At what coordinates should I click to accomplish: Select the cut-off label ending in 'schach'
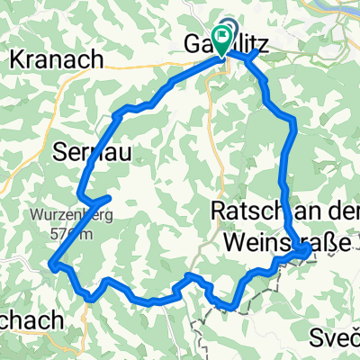point(31,320)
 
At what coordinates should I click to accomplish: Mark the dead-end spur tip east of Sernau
point(109,196)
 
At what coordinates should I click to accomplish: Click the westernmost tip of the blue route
point(51,265)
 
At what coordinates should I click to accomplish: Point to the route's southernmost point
point(233,306)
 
